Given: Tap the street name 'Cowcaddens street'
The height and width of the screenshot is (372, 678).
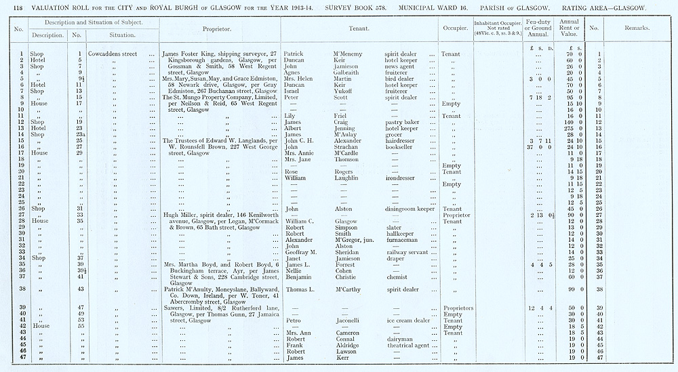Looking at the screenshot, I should tap(112, 54).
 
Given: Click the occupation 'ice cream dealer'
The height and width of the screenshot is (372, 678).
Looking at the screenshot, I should tap(408, 320).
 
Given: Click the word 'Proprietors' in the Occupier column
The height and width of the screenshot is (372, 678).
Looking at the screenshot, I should tap(458, 308).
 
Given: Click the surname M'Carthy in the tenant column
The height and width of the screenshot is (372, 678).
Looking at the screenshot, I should tap(346, 289).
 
